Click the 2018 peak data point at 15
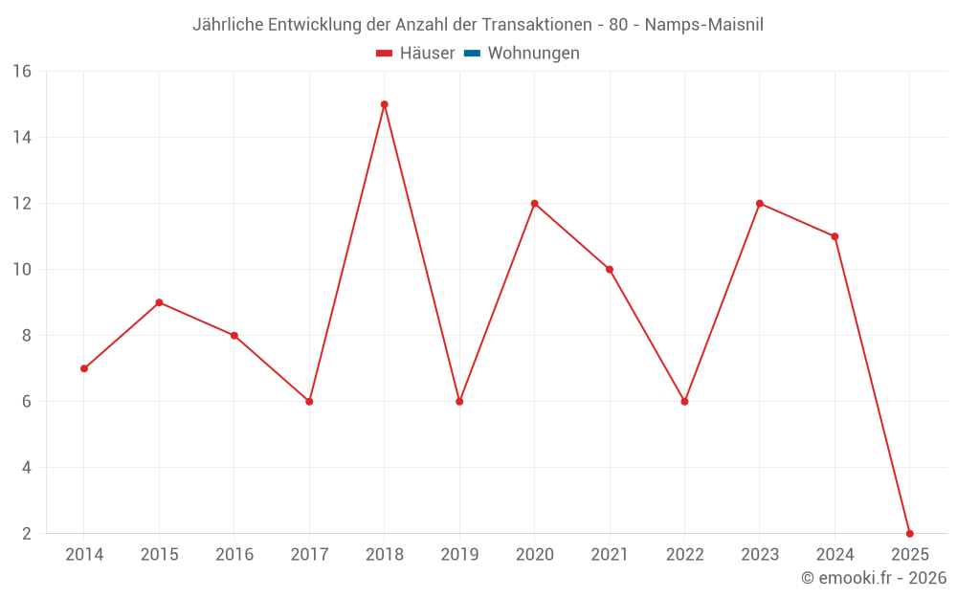384,104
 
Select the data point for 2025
909,533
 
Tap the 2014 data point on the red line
84,368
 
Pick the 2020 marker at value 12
534,203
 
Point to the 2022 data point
684,401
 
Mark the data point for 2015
159,302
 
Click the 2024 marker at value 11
835,236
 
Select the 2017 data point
309,401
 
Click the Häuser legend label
427,54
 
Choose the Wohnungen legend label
533,54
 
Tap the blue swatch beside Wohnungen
472,54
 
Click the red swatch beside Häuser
385,54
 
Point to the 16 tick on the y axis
22,72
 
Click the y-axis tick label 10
22,270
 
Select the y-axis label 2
27,534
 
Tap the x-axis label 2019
459,555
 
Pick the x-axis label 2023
760,555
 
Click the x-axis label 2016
234,555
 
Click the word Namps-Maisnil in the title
703,25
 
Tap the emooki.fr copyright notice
873,578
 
